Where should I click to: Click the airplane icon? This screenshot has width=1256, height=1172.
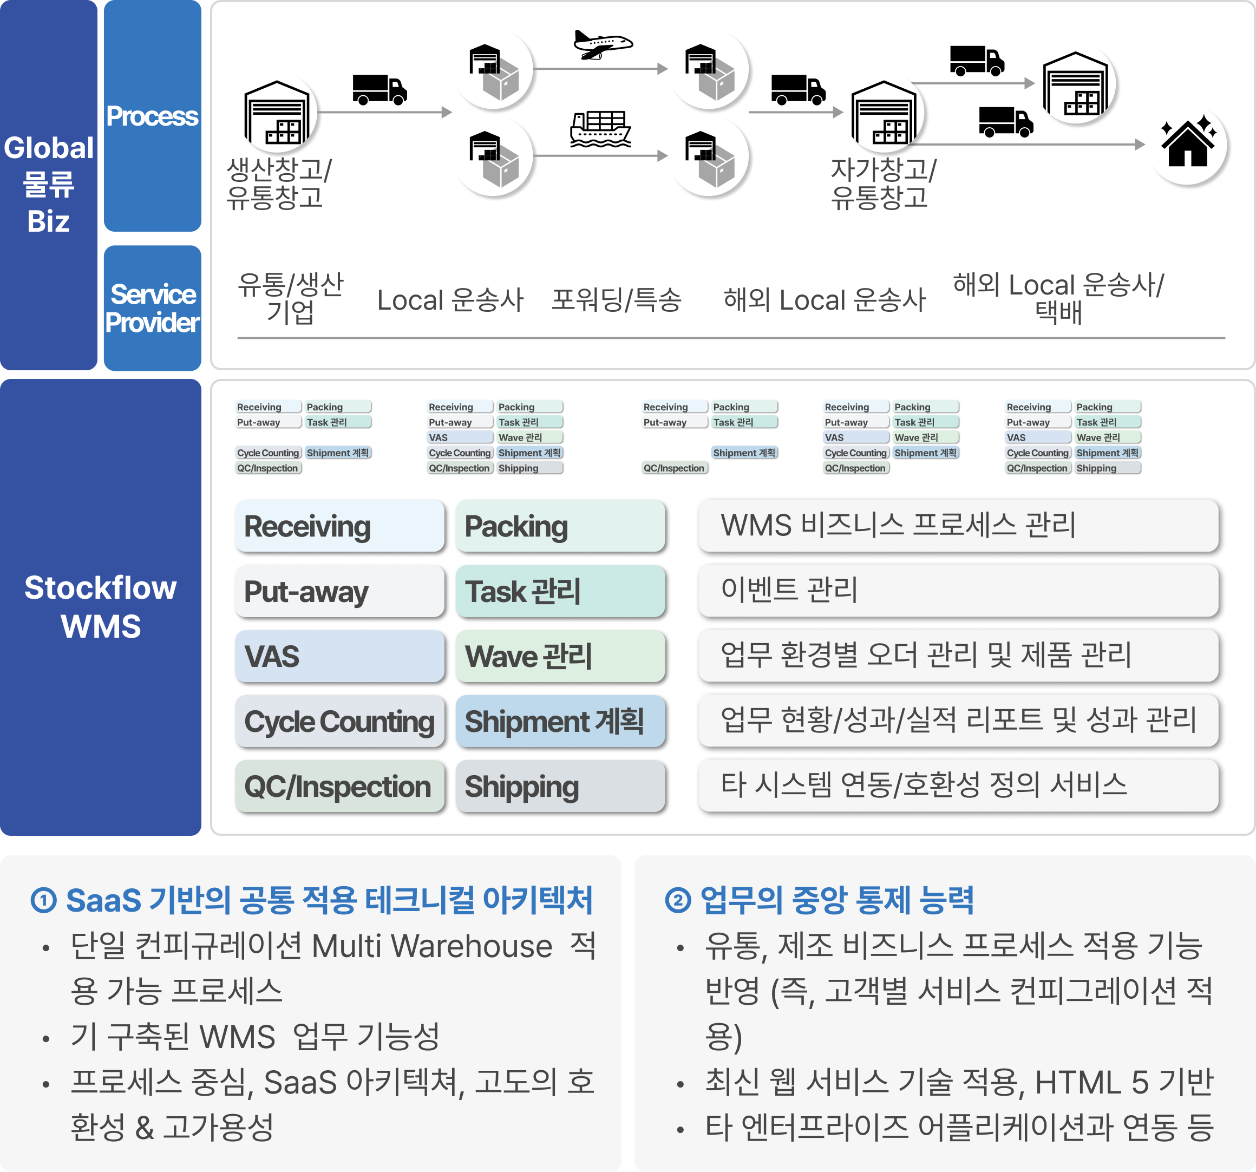[x=602, y=44]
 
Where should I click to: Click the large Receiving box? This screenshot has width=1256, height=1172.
[x=339, y=526]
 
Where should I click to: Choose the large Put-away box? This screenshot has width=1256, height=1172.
[x=339, y=591]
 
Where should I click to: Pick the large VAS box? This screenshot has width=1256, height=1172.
[x=339, y=657]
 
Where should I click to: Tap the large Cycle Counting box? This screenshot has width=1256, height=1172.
[x=339, y=722]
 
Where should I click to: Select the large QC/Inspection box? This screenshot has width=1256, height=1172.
[x=339, y=787]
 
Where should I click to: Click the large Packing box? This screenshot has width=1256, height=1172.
[x=560, y=526]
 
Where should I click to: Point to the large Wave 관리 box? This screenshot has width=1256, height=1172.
[x=560, y=657]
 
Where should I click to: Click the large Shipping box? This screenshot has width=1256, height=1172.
[x=560, y=787]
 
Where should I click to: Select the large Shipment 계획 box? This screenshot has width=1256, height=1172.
[x=560, y=722]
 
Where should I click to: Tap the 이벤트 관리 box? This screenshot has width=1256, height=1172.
[x=957, y=590]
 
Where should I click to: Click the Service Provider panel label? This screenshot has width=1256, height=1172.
[x=152, y=309]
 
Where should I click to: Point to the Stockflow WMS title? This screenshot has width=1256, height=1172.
[x=101, y=606]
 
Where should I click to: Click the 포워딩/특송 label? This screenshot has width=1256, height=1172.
[x=616, y=300]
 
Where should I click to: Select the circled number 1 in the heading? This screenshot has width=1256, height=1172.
[x=44, y=900]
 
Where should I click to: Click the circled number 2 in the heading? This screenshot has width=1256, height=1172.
[x=678, y=900]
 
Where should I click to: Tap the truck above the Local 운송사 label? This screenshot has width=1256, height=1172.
[x=380, y=90]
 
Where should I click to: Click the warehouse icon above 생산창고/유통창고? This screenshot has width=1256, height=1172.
[x=277, y=113]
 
